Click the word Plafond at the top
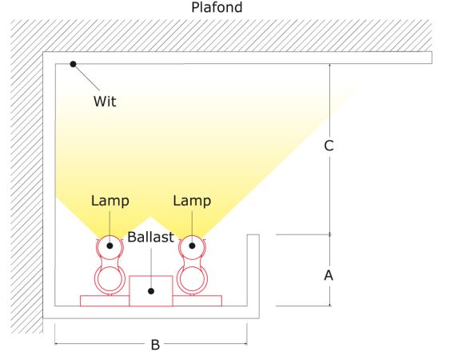click(x=217, y=7)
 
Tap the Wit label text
click(x=105, y=102)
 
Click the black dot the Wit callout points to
click(x=73, y=64)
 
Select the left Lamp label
click(x=110, y=201)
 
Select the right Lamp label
click(x=192, y=201)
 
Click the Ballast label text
click(x=150, y=237)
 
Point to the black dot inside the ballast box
click(x=151, y=291)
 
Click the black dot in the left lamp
click(x=110, y=246)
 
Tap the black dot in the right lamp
click(x=192, y=246)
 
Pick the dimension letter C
click(x=329, y=146)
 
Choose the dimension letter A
click(x=329, y=275)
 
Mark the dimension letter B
click(x=155, y=345)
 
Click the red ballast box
click(x=151, y=291)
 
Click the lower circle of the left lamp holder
click(x=110, y=267)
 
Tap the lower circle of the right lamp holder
click(x=192, y=267)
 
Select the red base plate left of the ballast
click(x=105, y=301)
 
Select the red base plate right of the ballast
click(x=197, y=301)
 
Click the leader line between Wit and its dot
click(x=86, y=77)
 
